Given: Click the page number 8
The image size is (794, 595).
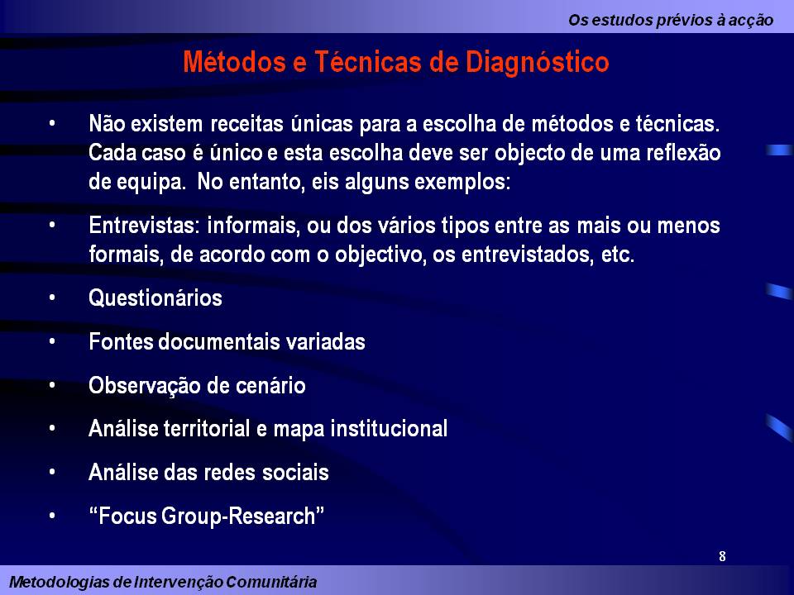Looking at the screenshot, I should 722,556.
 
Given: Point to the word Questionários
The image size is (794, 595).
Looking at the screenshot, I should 155,298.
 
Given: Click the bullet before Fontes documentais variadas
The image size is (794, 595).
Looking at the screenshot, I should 52,341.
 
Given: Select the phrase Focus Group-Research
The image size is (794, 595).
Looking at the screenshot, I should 206,516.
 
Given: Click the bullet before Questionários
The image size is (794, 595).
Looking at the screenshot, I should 52,298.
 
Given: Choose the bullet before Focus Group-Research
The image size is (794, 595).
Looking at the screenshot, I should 52,516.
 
